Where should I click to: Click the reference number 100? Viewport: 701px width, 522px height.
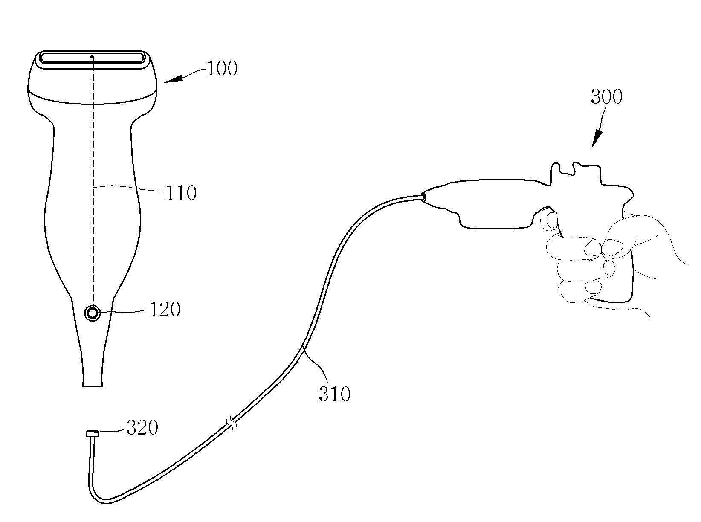(x=221, y=69)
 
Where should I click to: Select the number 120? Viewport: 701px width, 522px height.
(x=165, y=310)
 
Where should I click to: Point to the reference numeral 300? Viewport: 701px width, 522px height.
(x=606, y=97)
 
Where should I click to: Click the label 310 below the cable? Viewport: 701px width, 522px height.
(x=334, y=394)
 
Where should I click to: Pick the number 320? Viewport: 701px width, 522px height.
(x=142, y=428)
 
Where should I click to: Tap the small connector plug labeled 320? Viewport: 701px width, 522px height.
(x=92, y=434)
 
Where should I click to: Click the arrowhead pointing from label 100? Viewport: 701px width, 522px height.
(x=173, y=79)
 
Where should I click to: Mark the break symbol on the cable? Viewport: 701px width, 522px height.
(x=232, y=424)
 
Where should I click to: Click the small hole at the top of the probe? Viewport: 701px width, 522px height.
(x=92, y=57)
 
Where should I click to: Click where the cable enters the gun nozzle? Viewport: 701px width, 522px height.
(x=423, y=197)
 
